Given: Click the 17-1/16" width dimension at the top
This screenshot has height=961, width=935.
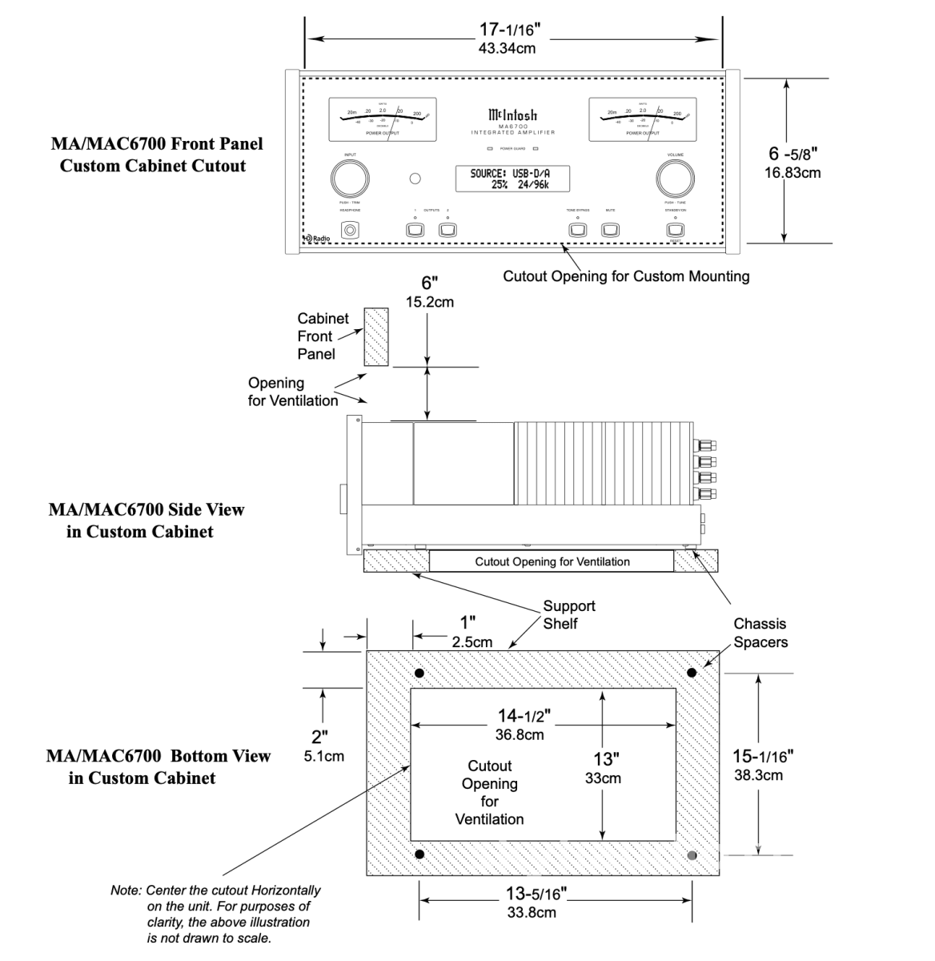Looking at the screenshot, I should [510, 30].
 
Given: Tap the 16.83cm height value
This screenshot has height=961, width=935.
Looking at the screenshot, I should [792, 172].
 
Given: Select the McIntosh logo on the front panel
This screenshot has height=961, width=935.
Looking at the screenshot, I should [513, 115].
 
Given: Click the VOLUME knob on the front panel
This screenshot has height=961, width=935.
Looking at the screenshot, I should [675, 178].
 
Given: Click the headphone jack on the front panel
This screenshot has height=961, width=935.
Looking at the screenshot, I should [350, 231].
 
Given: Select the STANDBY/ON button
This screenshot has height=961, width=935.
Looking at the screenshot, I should [675, 231].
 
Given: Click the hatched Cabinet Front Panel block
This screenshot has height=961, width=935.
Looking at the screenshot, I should [376, 337].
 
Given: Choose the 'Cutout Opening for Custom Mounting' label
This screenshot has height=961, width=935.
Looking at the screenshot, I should [626, 276].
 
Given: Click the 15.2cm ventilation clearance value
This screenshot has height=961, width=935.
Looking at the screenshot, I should [431, 302].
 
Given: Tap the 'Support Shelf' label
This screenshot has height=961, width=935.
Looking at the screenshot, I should [569, 614].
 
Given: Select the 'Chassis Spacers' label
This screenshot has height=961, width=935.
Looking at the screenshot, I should [760, 633].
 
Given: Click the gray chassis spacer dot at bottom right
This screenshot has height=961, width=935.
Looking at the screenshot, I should [692, 855].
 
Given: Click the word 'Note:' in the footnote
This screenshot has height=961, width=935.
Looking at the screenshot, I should [126, 891].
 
